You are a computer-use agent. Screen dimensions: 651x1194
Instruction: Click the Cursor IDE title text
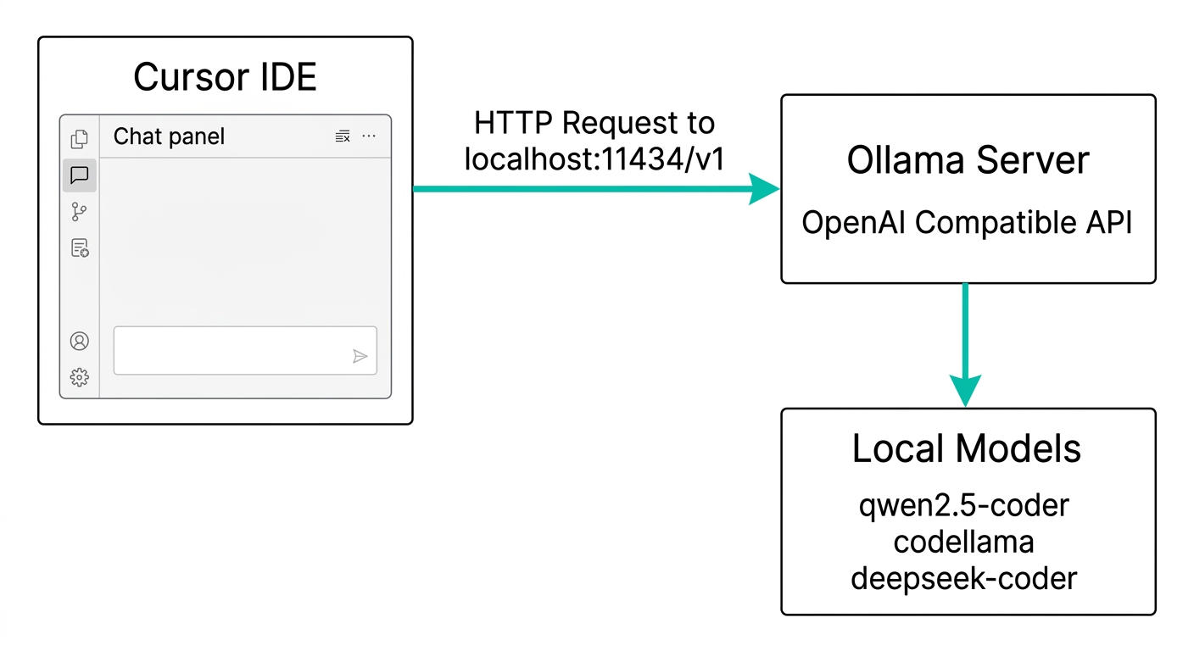pos(225,77)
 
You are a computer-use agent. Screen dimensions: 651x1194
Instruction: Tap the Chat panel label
pos(169,136)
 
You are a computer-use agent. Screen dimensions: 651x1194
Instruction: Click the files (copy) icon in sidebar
pos(80,139)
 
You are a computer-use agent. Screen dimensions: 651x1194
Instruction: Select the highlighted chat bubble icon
pos(80,175)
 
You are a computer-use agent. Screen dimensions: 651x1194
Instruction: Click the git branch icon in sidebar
pos(80,212)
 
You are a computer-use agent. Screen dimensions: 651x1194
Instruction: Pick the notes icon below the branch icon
pos(80,248)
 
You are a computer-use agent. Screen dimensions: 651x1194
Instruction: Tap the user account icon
pos(80,341)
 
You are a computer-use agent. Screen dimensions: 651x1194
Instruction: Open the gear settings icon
pos(80,377)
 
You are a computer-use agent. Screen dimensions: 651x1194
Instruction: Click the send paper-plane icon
pos(360,356)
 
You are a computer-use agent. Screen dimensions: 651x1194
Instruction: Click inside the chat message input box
pos(229,350)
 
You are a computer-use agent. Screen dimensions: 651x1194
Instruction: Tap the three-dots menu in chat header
pos(369,136)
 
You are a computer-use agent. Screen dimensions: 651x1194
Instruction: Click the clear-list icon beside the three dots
pos(343,136)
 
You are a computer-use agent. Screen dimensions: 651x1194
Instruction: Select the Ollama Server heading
pos(968,160)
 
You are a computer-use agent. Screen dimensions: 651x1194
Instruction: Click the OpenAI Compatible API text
pos(968,223)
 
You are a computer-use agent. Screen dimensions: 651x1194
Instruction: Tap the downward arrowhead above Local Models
pos(966,389)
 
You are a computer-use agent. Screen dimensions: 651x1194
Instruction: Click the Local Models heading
pos(967,448)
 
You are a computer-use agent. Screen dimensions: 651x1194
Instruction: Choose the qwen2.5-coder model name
pos(964,506)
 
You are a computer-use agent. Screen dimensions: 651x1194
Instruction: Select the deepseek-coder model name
pos(964,578)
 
